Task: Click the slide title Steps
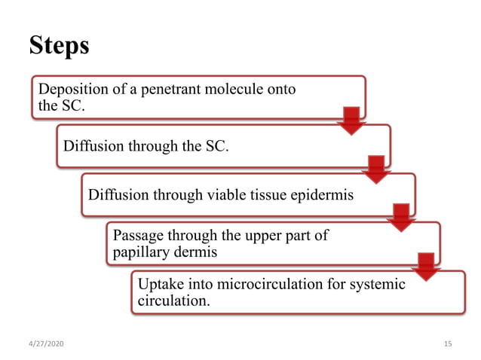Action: (59, 46)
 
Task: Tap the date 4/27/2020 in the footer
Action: (44, 344)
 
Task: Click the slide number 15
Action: (448, 344)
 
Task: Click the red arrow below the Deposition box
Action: (351, 121)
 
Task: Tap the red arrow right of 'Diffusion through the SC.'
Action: (375, 169)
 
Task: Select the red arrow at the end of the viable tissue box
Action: (400, 218)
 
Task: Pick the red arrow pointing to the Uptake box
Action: (425, 267)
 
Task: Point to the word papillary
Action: (142, 252)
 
